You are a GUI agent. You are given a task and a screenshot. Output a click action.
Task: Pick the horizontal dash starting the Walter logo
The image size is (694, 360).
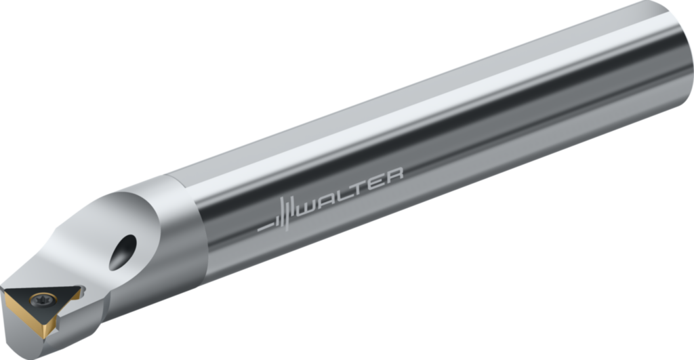coord(264,226)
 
